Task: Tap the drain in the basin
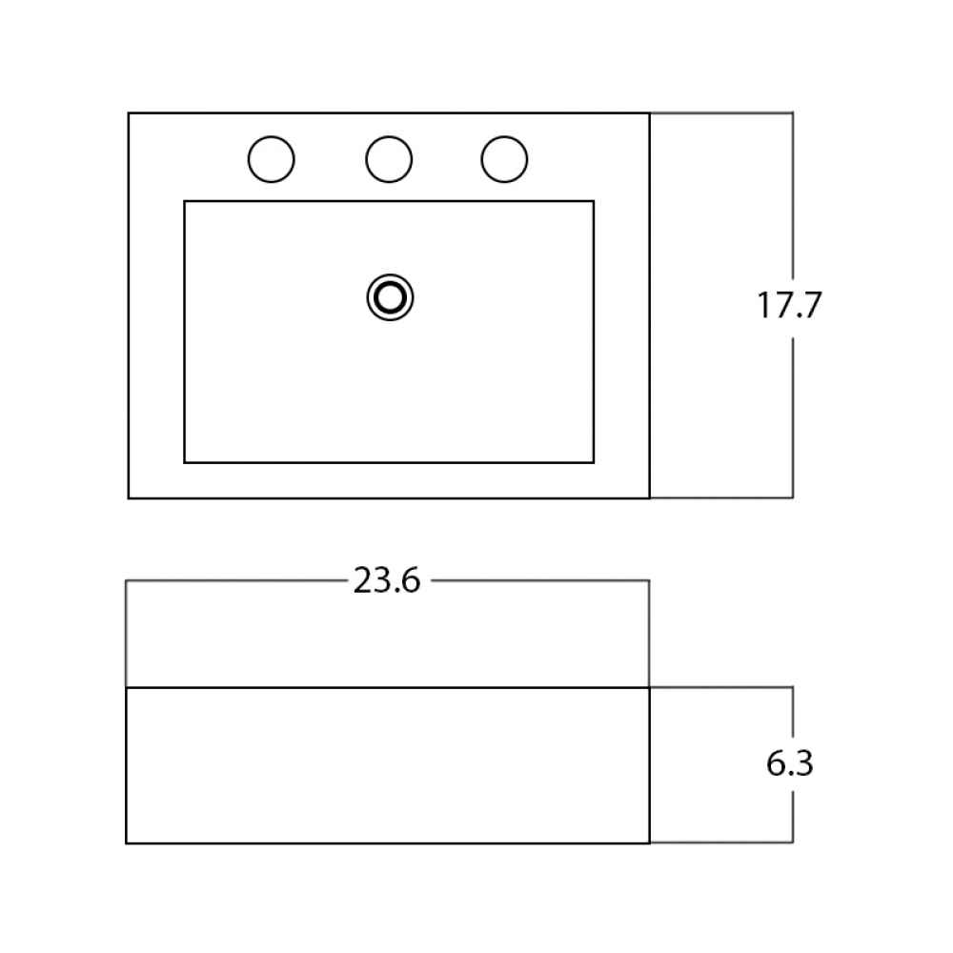pyautogui.click(x=390, y=297)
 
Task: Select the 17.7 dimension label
pyautogui.click(x=789, y=305)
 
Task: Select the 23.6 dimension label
pyautogui.click(x=387, y=580)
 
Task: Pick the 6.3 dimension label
pyautogui.click(x=789, y=763)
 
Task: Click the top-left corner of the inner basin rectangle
pyautogui.click(x=185, y=201)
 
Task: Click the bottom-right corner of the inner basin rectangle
pyautogui.click(x=593, y=462)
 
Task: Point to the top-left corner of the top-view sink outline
pyautogui.click(x=129, y=113)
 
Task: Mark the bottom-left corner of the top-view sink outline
pyautogui.click(x=129, y=497)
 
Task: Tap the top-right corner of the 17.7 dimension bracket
pyautogui.click(x=793, y=113)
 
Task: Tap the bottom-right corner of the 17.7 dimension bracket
pyautogui.click(x=793, y=497)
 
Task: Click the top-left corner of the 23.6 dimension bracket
pyautogui.click(x=127, y=581)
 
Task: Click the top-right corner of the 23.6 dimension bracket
pyautogui.click(x=649, y=581)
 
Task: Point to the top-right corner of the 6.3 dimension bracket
pyautogui.click(x=793, y=687)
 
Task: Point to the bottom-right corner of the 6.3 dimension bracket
pyautogui.click(x=793, y=841)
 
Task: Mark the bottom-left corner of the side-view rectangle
pyautogui.click(x=127, y=843)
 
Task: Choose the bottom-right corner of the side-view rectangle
pyautogui.click(x=649, y=843)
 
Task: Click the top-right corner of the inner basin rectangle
pyautogui.click(x=593, y=201)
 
